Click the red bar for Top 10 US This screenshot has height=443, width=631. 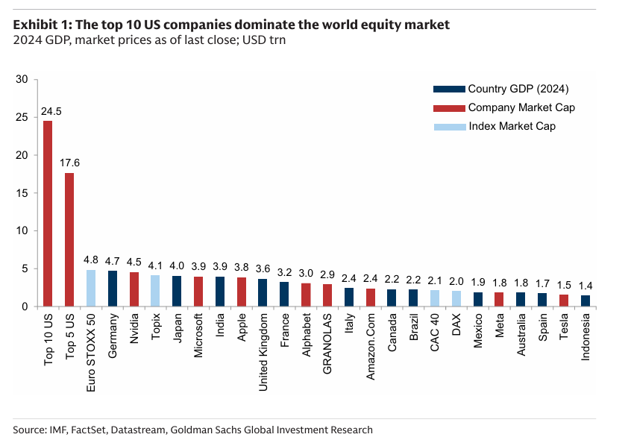(x=48, y=213)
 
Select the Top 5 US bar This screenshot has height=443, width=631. (x=69, y=239)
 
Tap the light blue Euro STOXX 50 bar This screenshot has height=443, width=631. (x=91, y=288)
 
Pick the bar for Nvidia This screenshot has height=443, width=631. (x=134, y=289)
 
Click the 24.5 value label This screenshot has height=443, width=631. (x=51, y=112)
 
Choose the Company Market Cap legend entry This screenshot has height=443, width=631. (x=521, y=107)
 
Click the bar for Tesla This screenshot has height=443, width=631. (x=564, y=301)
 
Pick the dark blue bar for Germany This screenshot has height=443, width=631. (x=113, y=289)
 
